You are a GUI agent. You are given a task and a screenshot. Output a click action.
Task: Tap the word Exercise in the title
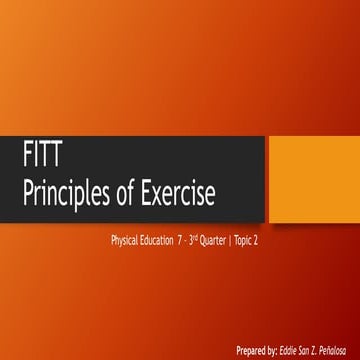tap(179, 190)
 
